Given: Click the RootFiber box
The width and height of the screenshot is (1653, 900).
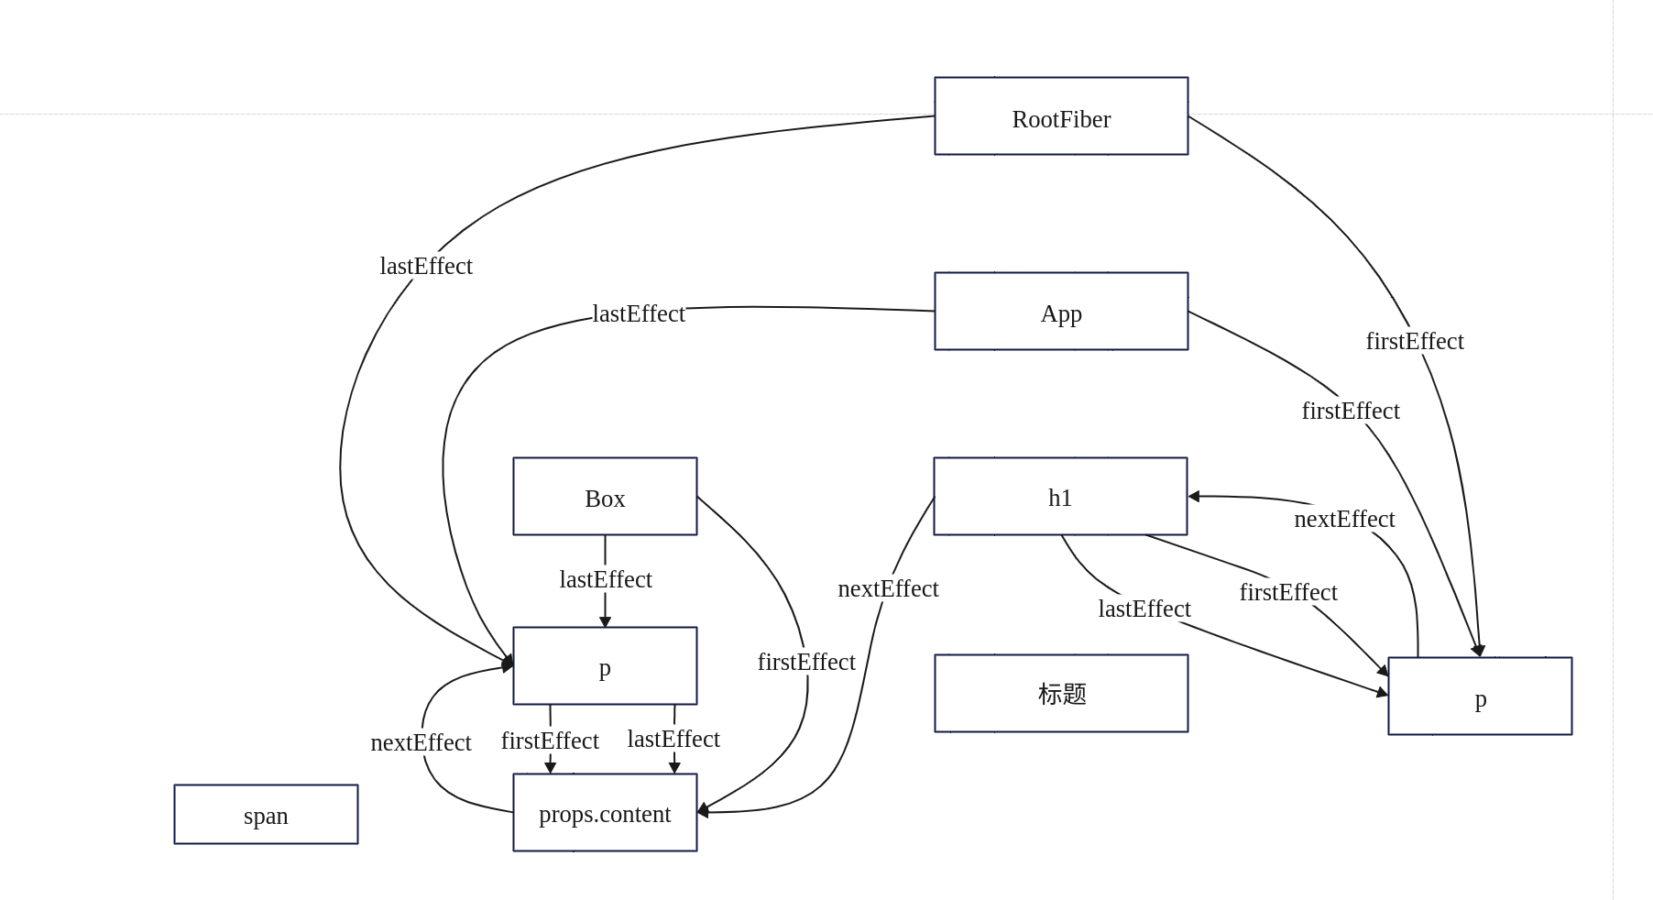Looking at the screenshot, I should point(1061,116).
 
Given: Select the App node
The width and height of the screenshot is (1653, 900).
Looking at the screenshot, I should point(1061,312).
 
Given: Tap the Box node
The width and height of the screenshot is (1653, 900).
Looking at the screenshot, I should point(605,497).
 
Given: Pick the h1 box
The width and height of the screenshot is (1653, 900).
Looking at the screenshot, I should point(1060,497).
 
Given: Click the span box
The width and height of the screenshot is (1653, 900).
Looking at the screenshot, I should point(266,815).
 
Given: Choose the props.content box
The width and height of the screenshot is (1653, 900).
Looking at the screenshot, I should point(605,813).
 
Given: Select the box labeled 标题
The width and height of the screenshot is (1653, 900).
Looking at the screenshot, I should point(1061,694).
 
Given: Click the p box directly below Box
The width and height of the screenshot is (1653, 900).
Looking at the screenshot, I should point(605,666).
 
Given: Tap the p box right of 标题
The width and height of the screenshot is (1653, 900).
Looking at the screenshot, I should point(1480,697).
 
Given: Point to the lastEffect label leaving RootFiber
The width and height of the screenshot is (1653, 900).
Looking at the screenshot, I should point(426,266).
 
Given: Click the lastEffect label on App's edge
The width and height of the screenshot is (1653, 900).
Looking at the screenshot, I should point(639,313).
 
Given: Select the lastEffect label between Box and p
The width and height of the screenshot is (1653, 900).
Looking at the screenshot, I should point(606,579).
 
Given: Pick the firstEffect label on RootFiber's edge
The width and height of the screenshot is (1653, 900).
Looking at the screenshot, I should point(1415,341).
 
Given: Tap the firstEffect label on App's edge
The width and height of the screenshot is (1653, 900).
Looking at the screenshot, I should point(1351,411).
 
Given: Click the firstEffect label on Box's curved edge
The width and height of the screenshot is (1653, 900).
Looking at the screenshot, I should point(806,662).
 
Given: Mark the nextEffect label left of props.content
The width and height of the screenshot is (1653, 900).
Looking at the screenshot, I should point(421,742).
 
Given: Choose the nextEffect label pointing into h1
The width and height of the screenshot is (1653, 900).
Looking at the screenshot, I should point(1344,519).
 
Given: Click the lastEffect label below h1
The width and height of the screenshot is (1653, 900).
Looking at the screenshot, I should point(1144,609).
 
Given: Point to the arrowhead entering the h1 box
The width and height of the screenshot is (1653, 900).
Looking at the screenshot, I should point(1194,497).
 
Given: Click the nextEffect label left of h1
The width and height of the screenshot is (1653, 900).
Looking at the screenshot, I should point(888,588).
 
